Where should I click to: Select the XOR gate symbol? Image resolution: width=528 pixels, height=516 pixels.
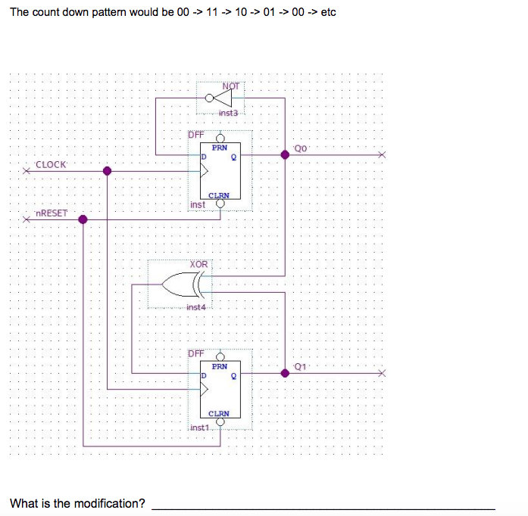(182, 285)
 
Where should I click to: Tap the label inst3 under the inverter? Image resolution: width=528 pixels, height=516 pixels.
(228, 113)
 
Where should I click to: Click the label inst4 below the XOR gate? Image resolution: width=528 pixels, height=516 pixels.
(195, 307)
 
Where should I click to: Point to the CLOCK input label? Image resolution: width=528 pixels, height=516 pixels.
(51, 164)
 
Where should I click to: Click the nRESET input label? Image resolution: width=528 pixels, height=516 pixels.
(52, 213)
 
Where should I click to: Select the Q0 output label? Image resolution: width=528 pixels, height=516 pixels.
(301, 148)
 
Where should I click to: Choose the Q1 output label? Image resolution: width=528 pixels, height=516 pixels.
(301, 366)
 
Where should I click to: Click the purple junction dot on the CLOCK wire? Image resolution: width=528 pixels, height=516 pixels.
(108, 171)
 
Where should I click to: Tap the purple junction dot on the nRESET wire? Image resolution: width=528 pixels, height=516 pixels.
(83, 219)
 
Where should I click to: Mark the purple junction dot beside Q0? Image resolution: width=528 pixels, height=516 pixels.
(285, 154)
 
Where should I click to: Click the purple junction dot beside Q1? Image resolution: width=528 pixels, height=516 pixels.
(285, 372)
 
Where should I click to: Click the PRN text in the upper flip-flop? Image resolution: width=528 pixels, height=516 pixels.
(219, 148)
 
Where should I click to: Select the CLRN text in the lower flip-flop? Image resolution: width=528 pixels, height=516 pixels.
(219, 414)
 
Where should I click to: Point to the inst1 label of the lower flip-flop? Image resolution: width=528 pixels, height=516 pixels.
(199, 427)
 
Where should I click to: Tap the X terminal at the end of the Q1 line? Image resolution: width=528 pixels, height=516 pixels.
(382, 372)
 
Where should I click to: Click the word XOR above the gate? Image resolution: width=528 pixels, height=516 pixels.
(198, 264)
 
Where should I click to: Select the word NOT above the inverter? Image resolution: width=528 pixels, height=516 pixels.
(231, 85)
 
